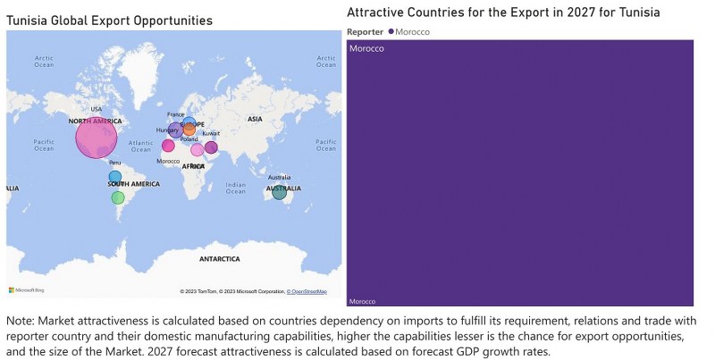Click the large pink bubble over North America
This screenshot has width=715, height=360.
96,138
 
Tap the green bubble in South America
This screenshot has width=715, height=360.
118,197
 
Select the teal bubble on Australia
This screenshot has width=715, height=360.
280,192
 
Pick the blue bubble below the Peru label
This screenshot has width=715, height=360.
115,177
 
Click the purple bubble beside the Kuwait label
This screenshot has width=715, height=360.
211,147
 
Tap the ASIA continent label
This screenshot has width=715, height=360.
255,119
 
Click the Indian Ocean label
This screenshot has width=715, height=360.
236,188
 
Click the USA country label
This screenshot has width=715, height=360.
96,110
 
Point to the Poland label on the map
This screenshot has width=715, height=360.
189,139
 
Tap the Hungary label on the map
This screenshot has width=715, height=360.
167,130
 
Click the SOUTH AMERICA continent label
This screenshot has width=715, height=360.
134,184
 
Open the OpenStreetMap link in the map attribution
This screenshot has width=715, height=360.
308,292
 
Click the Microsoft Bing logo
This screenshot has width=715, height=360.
26,290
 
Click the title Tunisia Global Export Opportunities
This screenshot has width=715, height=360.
109,20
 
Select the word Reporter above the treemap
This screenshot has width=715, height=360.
365,31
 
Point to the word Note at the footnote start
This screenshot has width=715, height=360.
20,320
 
